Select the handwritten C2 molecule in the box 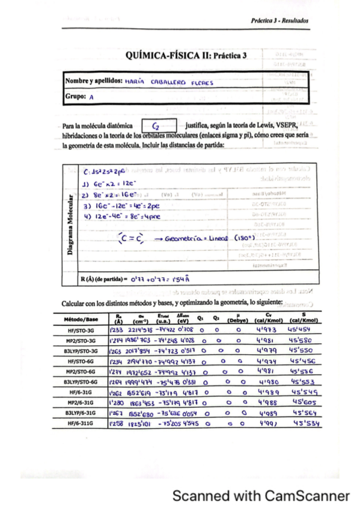[156, 127]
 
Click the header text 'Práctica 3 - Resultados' [280, 20]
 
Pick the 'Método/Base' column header [83, 319]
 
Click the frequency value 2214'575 [141, 330]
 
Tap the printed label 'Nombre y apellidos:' [94, 80]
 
